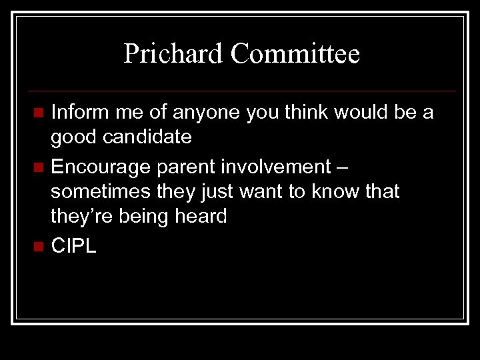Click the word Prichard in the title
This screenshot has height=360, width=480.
tap(174, 54)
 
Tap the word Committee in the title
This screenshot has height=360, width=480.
tap(295, 54)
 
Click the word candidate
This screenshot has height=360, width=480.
tap(146, 138)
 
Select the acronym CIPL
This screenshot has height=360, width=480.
tap(73, 245)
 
